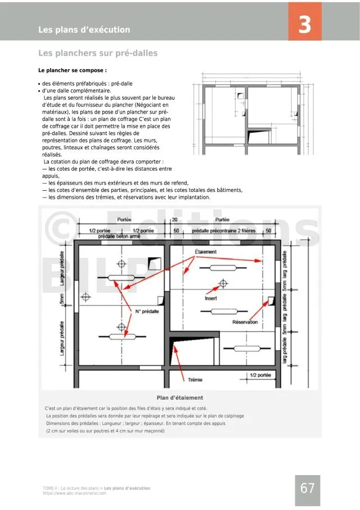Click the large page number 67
[x=308, y=489]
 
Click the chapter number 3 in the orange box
[x=304, y=26]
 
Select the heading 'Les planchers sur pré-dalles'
[x=98, y=53]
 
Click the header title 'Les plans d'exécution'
[x=84, y=30]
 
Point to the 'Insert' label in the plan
[x=211, y=298]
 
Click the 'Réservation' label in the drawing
[x=245, y=322]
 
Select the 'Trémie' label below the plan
[x=195, y=380]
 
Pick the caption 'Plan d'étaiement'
[x=180, y=398]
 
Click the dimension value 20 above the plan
[x=174, y=220]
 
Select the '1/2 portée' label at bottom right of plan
[x=260, y=375]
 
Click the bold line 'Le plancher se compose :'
[x=72, y=71]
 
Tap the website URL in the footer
[x=74, y=493]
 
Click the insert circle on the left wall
[x=86, y=296]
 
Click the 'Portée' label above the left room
[x=125, y=220]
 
